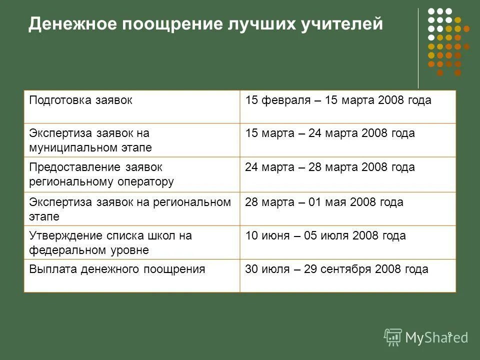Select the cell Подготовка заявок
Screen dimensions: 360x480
[80, 100]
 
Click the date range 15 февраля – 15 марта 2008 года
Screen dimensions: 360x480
[338, 100]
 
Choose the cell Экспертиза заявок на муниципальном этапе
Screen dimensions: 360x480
[90, 140]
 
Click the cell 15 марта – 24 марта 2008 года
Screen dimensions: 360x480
[330, 133]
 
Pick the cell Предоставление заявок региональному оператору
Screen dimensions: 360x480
[101, 174]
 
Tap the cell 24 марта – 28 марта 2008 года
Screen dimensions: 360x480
[330, 167]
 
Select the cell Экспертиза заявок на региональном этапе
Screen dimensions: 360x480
[129, 209]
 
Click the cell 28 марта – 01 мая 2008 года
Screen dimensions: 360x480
[324, 202]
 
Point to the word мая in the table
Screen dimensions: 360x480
[338, 202]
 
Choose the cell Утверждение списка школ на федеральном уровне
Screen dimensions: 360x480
[110, 242]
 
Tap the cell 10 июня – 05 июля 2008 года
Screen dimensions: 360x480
[325, 235]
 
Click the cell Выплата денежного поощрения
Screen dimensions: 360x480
[117, 269]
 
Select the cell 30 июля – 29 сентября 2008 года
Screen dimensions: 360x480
[336, 269]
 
